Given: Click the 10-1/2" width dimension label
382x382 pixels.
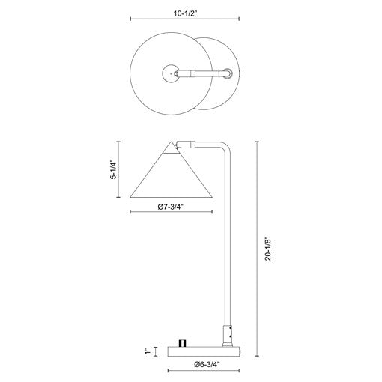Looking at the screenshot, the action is (186, 13).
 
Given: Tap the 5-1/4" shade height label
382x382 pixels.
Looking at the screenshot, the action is (114, 170).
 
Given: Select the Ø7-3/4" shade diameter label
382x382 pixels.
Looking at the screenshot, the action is (171, 207).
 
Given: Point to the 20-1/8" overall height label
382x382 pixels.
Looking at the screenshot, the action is (268, 250).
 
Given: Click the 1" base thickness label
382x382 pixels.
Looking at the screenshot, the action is (148, 351).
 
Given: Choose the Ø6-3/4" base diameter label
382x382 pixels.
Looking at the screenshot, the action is (207, 364).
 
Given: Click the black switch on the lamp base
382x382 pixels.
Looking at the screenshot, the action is (183, 343).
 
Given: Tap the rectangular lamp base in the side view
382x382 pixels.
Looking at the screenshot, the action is (204, 351).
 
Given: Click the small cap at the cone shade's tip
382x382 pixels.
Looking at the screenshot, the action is (171, 148).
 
